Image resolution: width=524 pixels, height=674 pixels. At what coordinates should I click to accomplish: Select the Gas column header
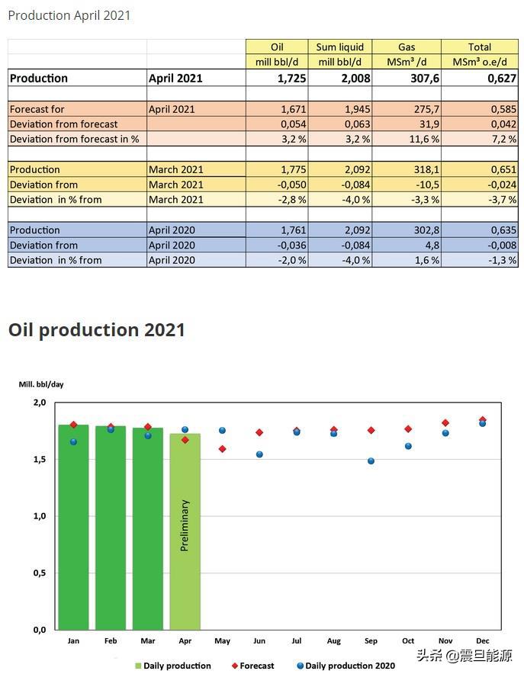[406, 47]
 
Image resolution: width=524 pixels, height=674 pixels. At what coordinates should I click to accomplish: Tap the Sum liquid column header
[340, 47]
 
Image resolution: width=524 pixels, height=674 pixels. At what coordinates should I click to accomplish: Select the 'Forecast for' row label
[37, 109]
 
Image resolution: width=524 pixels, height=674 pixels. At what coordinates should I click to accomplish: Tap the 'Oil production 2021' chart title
[97, 329]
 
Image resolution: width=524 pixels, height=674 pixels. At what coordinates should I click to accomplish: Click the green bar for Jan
[73, 534]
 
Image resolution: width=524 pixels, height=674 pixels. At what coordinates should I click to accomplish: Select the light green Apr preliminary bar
[185, 579]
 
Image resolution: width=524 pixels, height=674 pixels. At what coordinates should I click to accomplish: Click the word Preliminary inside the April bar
[185, 525]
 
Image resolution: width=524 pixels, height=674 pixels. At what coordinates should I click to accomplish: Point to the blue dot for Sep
[371, 461]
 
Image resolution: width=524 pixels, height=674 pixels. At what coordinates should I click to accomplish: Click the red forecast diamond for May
[222, 449]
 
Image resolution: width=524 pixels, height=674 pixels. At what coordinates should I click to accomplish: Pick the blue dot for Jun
[259, 454]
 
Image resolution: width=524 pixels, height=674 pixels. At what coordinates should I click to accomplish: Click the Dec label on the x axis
[482, 641]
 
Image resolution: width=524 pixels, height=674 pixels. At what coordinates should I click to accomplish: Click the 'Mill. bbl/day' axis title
[41, 384]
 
